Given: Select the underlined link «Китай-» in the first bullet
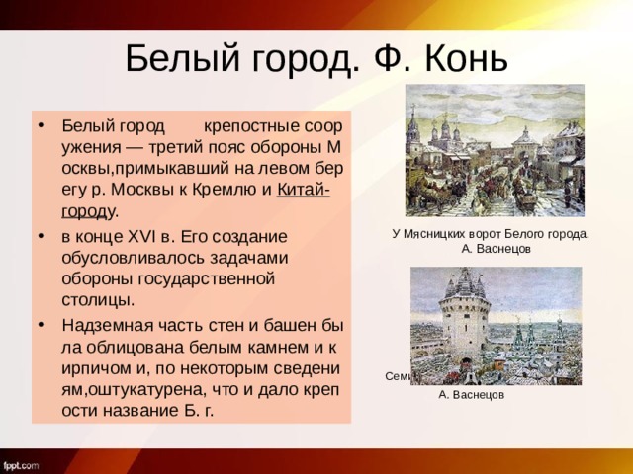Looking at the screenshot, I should (x=303, y=191).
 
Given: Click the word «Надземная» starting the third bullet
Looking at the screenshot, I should (x=103, y=325).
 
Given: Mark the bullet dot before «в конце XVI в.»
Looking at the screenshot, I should (x=40, y=238).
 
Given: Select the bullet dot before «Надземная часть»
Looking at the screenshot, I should (x=40, y=325).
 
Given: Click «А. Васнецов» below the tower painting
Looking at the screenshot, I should (x=471, y=394).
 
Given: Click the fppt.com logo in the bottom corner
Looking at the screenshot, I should (x=21, y=463).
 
